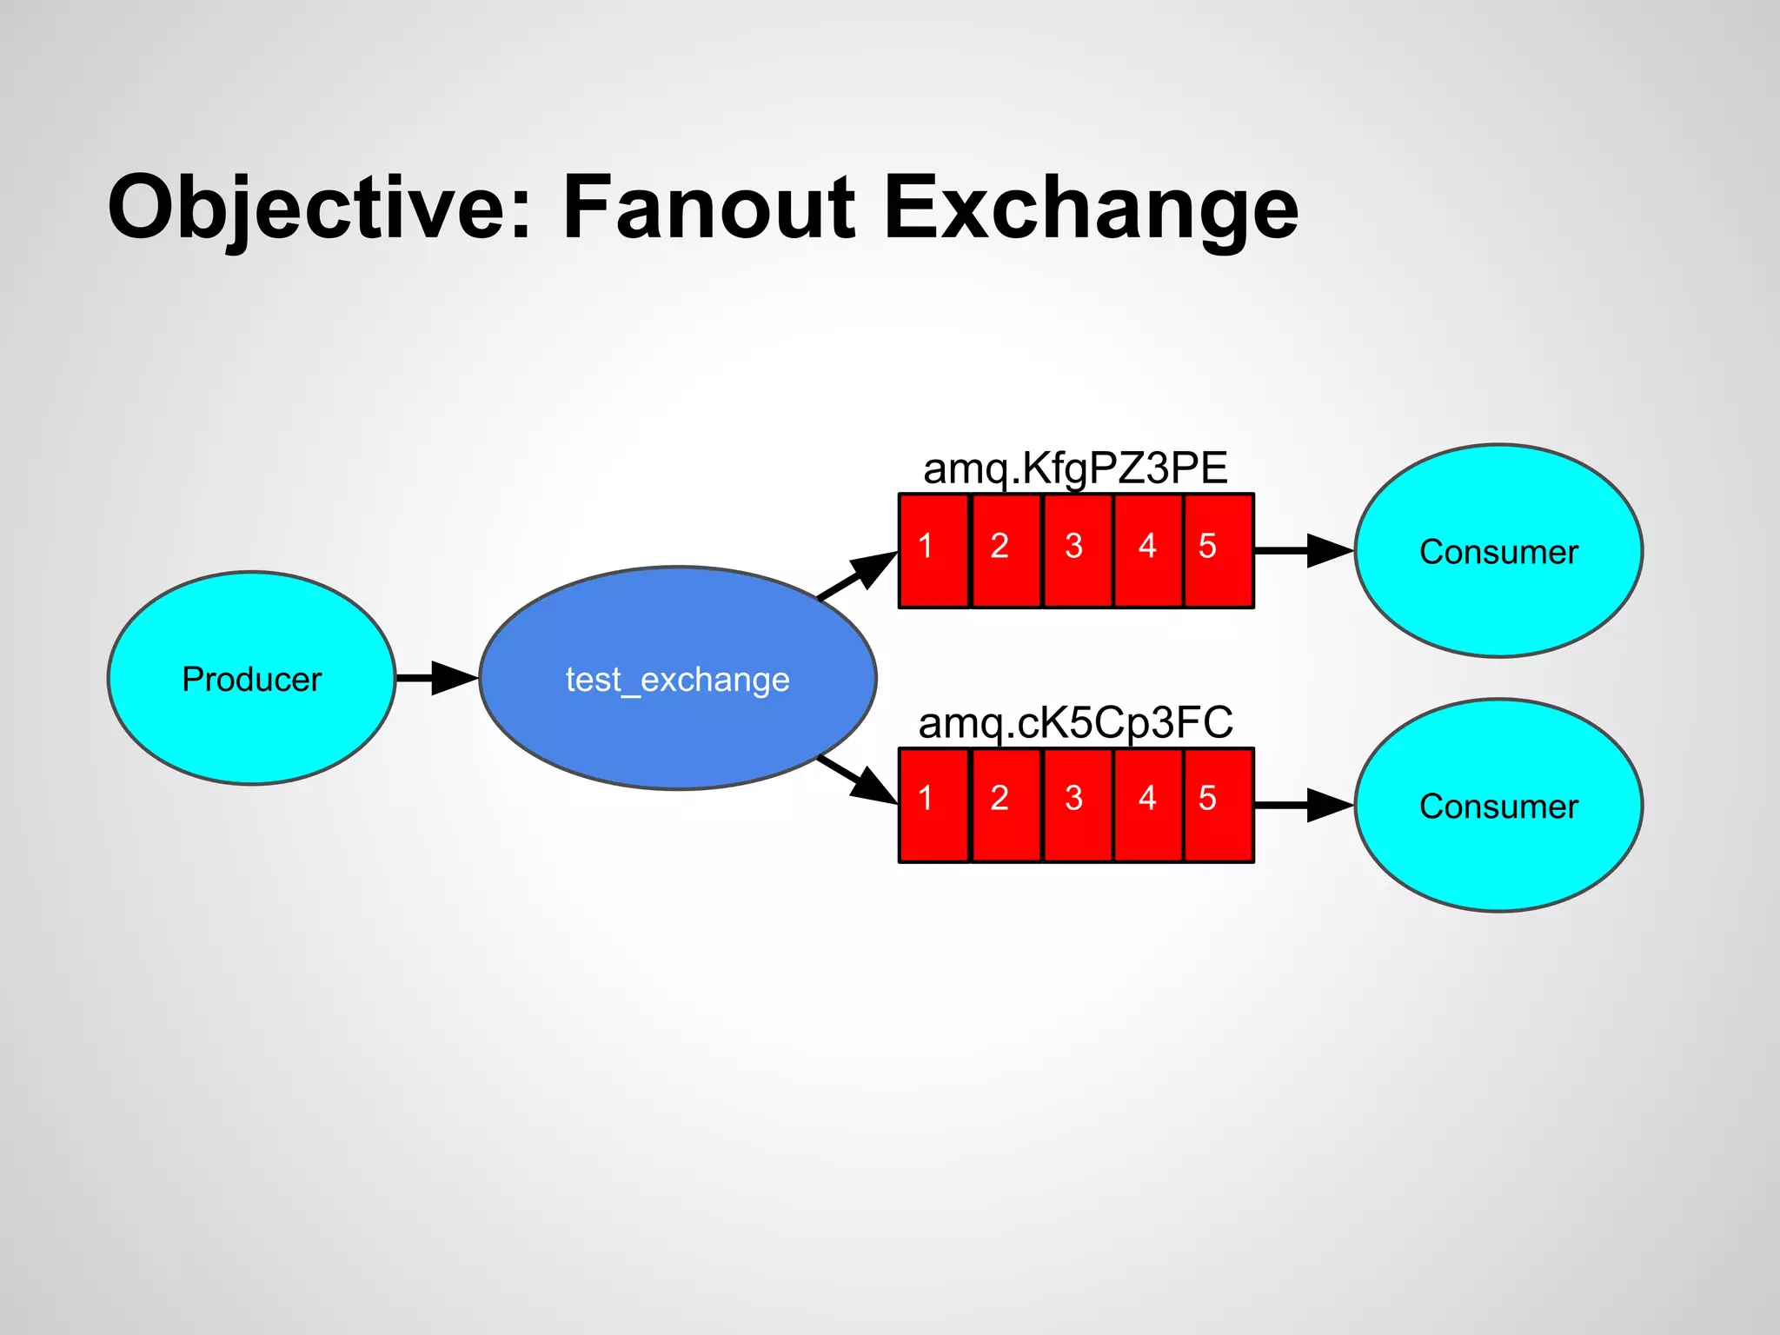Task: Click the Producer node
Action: tap(251, 678)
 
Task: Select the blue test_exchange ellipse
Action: tap(677, 678)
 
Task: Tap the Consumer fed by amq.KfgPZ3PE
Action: tap(1498, 551)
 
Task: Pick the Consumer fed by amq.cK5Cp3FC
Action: tap(1498, 806)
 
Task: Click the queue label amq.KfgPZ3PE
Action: tap(1075, 468)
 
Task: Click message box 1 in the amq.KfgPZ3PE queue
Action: tap(933, 550)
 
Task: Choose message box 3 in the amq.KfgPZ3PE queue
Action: tap(1077, 550)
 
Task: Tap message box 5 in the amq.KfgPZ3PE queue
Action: tap(1218, 550)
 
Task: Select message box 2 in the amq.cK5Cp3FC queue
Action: tap(1006, 805)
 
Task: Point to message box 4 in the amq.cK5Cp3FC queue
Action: tap(1147, 805)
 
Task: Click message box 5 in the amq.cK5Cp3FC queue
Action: tap(1218, 805)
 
